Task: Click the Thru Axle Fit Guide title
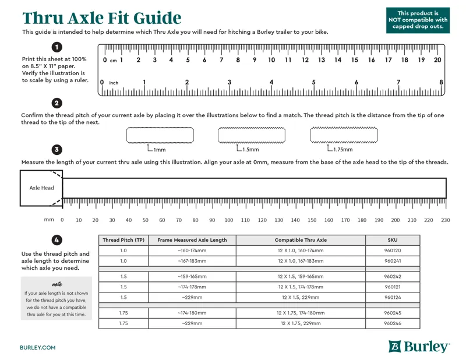[x=102, y=17]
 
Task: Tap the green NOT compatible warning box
[x=418, y=20]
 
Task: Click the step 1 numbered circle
[x=57, y=47]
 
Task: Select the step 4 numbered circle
[x=57, y=240]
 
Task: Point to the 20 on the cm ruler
[x=437, y=60]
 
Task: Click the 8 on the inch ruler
[x=441, y=83]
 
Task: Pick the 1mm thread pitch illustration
[x=160, y=135]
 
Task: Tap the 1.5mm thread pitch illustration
[x=252, y=135]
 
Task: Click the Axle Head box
[x=41, y=188]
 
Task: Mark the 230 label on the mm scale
[x=446, y=220]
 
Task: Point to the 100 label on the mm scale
[x=229, y=220]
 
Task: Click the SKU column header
[x=392, y=240]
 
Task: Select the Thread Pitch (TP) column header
[x=123, y=240]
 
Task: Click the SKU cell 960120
[x=392, y=250]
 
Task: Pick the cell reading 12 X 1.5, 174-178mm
[x=301, y=287]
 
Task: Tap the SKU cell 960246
[x=392, y=323]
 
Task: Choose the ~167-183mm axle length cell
[x=192, y=261]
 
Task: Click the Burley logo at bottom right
[x=419, y=347]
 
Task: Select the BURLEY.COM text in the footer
[x=38, y=347]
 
